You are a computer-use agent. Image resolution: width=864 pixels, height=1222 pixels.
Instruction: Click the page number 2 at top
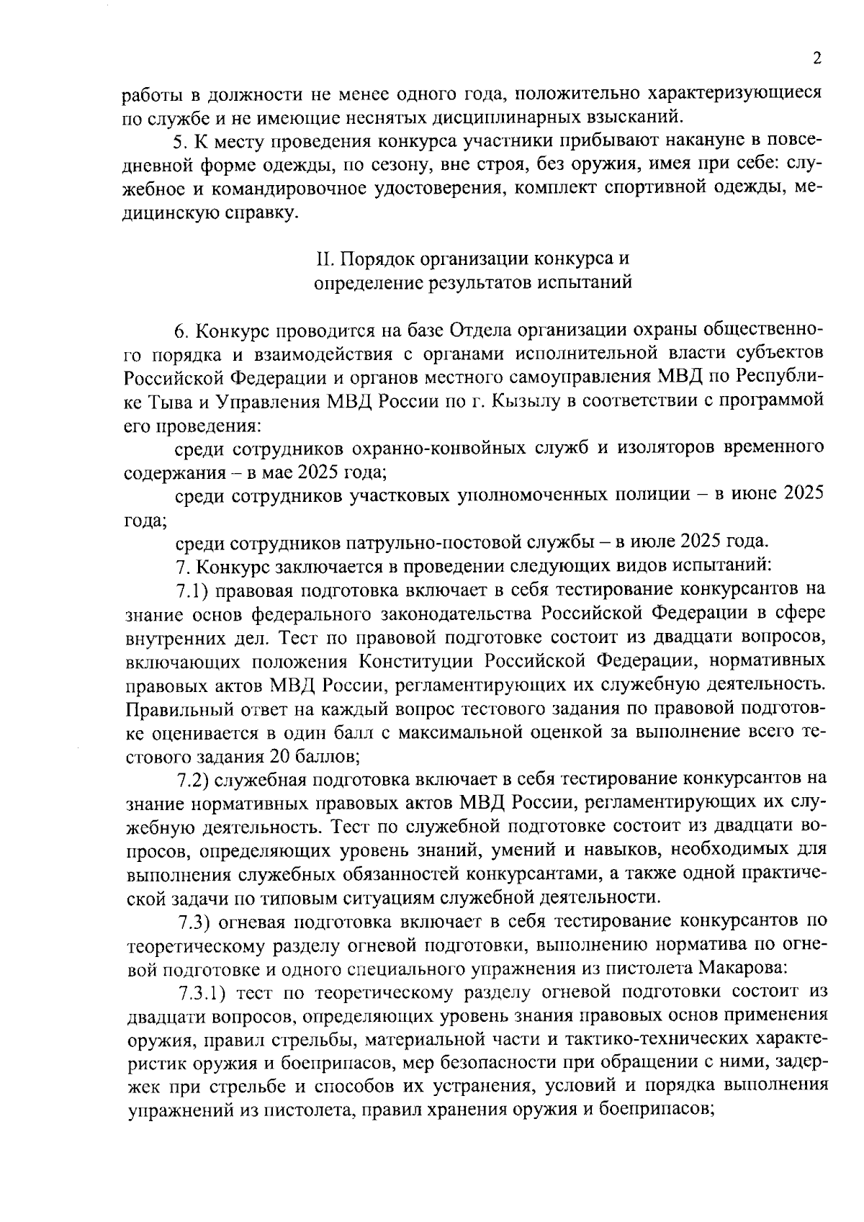click(816, 58)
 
